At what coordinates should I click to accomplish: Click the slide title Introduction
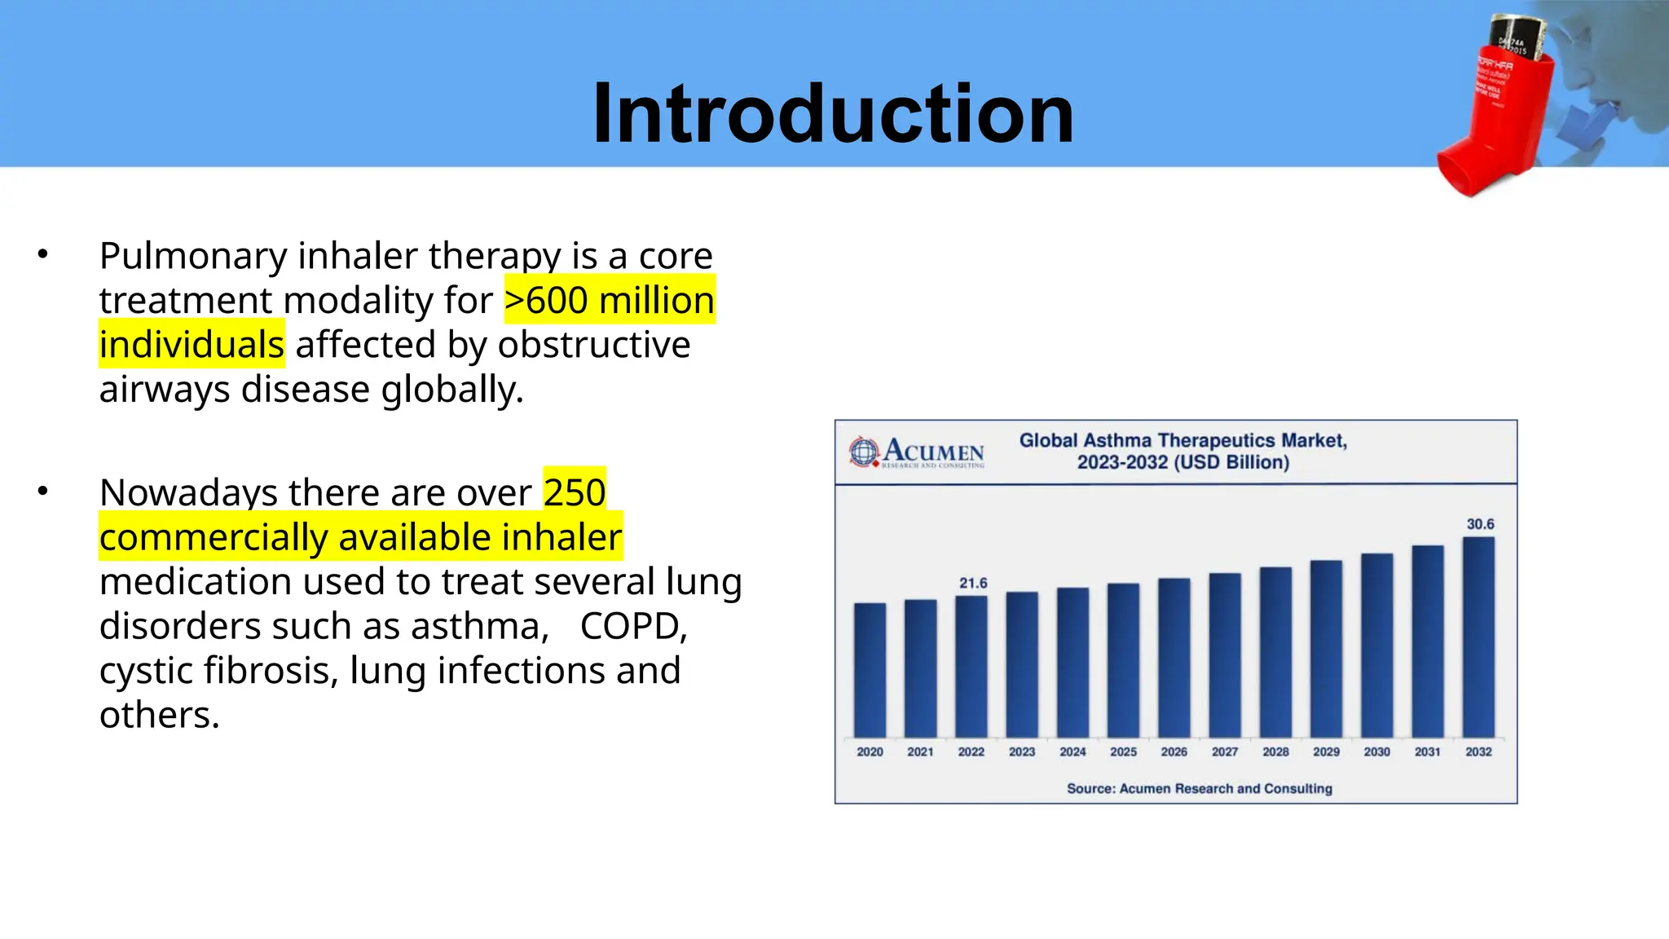point(833,114)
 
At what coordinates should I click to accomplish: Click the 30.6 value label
point(1480,524)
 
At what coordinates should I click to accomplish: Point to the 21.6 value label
point(972,583)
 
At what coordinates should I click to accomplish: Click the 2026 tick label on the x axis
point(1174,752)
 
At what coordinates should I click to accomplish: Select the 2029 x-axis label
point(1326,752)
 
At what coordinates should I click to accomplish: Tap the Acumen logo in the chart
point(917,452)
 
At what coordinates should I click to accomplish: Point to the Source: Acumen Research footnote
point(1199,788)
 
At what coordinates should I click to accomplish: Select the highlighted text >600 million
point(610,300)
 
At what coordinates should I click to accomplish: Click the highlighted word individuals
point(192,345)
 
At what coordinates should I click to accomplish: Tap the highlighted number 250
point(575,492)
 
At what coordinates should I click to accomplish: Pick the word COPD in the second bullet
point(633,626)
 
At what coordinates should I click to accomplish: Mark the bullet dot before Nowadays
point(42,491)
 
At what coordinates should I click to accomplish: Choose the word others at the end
point(159,715)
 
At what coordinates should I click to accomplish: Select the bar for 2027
point(1224,655)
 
